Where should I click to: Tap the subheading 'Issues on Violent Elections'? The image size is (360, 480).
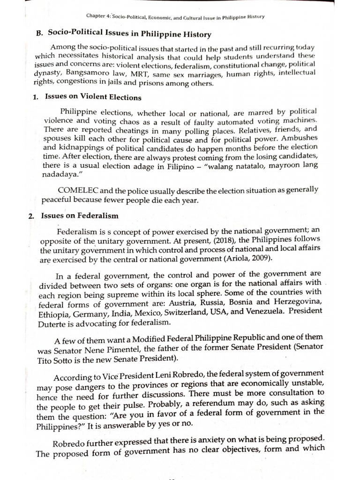point(93,97)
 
